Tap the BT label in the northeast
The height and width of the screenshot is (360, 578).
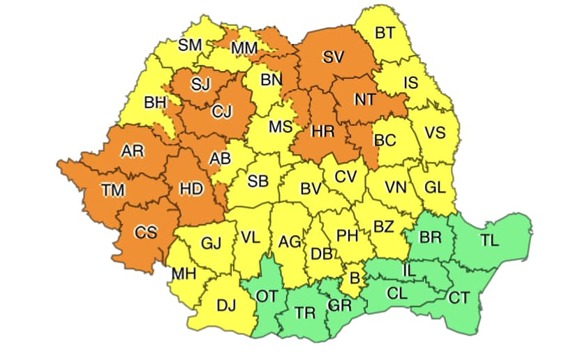click(x=384, y=32)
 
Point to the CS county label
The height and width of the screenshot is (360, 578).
click(x=146, y=232)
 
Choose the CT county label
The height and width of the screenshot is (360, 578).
click(x=459, y=299)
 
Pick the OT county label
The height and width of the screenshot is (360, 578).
click(x=267, y=297)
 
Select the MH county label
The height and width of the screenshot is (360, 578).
click(x=184, y=273)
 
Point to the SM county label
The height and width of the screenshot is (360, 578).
click(x=189, y=45)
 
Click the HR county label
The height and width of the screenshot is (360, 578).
click(x=323, y=130)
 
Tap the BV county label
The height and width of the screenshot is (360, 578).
click(x=311, y=188)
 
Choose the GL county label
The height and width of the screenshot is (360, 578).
click(x=435, y=187)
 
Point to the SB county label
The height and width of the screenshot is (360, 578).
click(x=258, y=181)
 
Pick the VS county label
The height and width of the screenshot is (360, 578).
click(x=434, y=133)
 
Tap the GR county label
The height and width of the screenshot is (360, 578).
click(x=339, y=306)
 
